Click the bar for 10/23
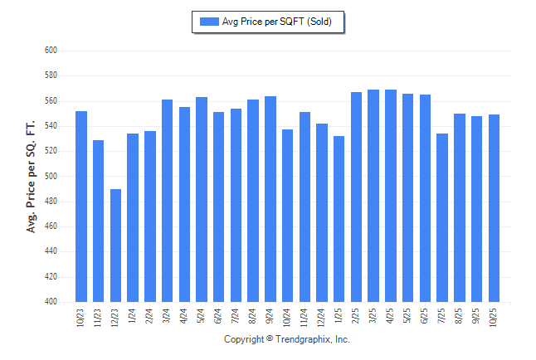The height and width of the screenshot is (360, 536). click(x=81, y=207)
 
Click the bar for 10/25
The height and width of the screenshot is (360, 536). click(x=494, y=208)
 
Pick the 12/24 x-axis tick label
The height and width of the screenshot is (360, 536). click(x=322, y=317)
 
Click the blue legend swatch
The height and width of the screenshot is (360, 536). click(x=208, y=22)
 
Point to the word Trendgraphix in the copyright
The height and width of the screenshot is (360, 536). click(x=301, y=339)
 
